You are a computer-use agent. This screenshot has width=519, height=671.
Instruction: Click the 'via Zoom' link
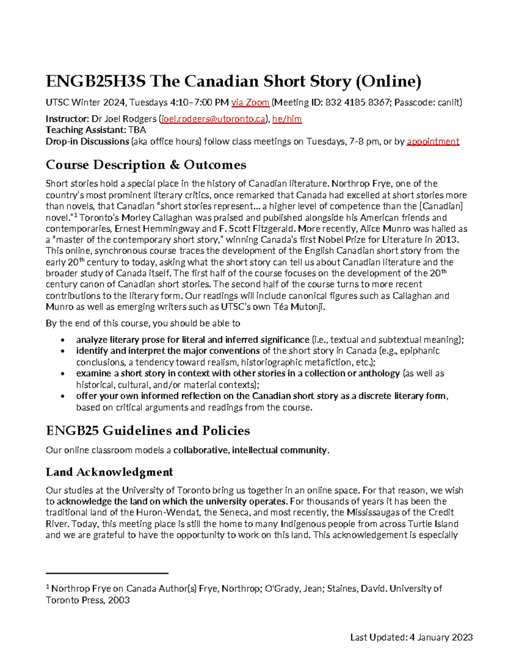pyautogui.click(x=250, y=102)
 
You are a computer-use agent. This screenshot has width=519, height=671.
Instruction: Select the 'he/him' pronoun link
pyautogui.click(x=287, y=119)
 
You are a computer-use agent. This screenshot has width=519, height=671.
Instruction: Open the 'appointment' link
pyautogui.click(x=433, y=142)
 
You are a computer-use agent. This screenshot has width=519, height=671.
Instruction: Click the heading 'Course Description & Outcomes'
pyautogui.click(x=146, y=165)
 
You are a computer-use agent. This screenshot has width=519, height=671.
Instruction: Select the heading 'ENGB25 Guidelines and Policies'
pyautogui.click(x=147, y=431)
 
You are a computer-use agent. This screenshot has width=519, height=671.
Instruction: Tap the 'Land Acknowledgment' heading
pyautogui.click(x=109, y=472)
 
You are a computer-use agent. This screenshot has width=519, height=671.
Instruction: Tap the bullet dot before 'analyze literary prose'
pyautogui.click(x=64, y=340)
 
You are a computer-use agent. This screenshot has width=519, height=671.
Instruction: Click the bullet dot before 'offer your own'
pyautogui.click(x=64, y=396)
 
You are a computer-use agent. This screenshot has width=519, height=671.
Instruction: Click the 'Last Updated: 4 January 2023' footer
pyautogui.click(x=411, y=637)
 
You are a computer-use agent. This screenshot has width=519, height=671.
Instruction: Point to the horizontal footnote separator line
pyautogui.click(x=107, y=573)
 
